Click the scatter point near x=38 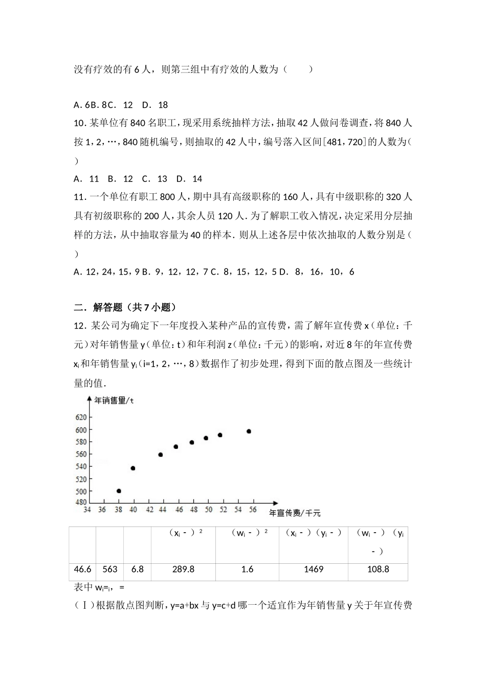pyautogui.click(x=119, y=491)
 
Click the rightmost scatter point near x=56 pyautogui.click(x=249, y=431)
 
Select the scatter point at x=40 pyautogui.click(x=133, y=468)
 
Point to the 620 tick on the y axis pyautogui.click(x=81, y=418)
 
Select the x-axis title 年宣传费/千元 pyautogui.click(x=295, y=513)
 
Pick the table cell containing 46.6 pyautogui.click(x=82, y=569)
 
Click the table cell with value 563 pyautogui.click(x=109, y=569)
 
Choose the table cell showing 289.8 pyautogui.click(x=183, y=569)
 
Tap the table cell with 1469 pyautogui.click(x=313, y=569)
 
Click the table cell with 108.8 pyautogui.click(x=378, y=569)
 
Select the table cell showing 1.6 pyautogui.click(x=247, y=569)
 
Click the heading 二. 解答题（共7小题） pyautogui.click(x=125, y=307)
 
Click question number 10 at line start pyautogui.click(x=80, y=123)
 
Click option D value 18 pyautogui.click(x=163, y=105)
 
